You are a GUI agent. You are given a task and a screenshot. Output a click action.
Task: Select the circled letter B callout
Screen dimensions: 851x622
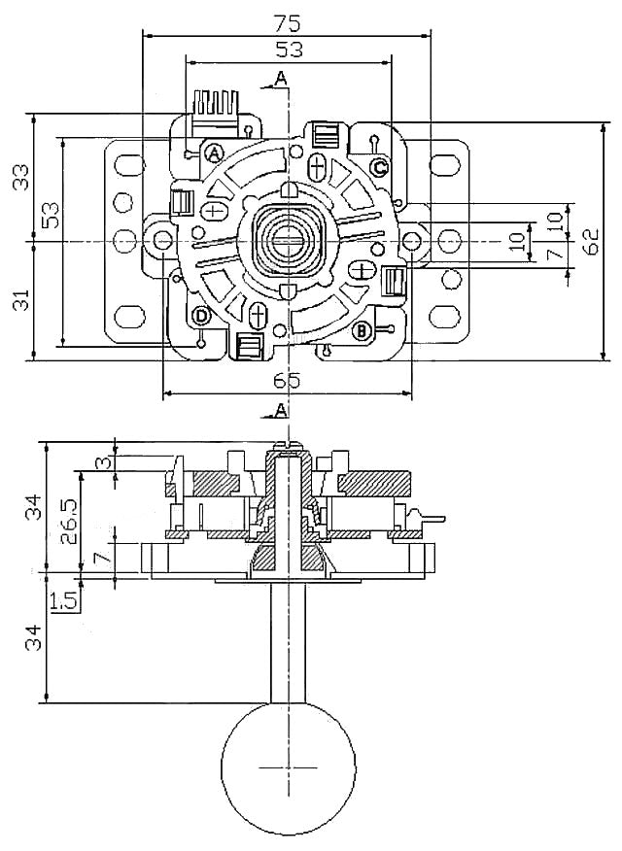(361, 331)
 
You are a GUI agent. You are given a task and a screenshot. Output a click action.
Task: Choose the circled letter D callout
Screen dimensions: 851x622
(201, 316)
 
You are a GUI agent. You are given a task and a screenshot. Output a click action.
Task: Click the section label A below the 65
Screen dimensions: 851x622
(281, 411)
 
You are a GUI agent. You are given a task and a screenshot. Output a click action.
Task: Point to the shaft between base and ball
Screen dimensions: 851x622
(287, 641)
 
